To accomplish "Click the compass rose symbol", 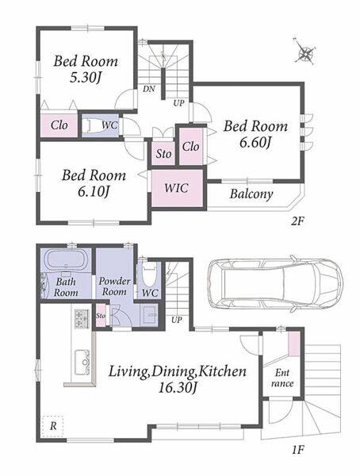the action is click(304, 53).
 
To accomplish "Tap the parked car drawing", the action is click(275, 285).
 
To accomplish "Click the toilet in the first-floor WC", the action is click(149, 273).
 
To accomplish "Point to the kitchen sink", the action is click(82, 363).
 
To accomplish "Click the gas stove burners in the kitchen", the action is click(82, 319).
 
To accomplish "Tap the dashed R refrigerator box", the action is click(53, 426).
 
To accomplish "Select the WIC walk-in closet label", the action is click(176, 188).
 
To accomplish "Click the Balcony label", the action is click(251, 194).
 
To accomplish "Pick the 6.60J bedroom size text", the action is click(255, 142).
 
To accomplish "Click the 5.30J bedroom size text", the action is click(85, 78).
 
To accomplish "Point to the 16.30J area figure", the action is click(178, 388).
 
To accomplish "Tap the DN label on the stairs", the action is click(149, 89).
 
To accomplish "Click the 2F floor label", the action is click(297, 221).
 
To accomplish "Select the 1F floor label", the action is click(297, 450).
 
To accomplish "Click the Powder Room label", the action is click(114, 286).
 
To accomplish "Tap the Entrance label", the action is click(282, 378).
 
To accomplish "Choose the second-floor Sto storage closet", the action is click(163, 154).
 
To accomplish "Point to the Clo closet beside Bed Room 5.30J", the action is click(59, 125).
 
